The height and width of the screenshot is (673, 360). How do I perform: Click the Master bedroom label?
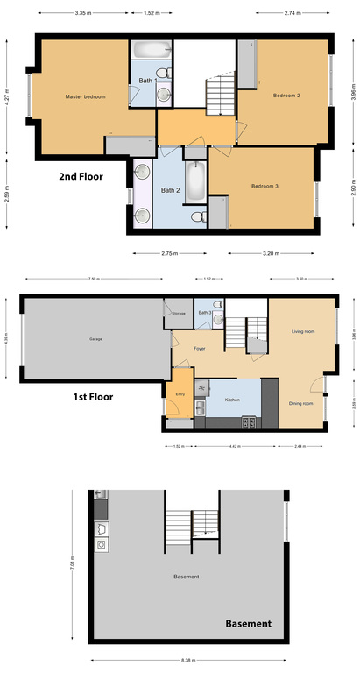coord(85,96)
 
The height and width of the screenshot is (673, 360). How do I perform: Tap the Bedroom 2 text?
coord(286,95)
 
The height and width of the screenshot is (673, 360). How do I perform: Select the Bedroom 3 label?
coord(264,186)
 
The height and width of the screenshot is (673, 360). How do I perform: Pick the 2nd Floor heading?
coord(81,176)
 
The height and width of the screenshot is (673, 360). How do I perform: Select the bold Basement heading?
coord(248,624)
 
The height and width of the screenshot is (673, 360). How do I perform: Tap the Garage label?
coord(95,339)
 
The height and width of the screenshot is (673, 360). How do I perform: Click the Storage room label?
coord(178,312)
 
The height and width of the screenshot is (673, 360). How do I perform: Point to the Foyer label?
coord(200,349)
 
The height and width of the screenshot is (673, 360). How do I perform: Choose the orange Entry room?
coord(180,393)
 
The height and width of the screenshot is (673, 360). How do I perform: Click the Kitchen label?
coord(232,400)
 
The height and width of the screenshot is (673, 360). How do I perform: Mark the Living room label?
coord(302,331)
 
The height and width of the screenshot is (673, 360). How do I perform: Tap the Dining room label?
coord(300,403)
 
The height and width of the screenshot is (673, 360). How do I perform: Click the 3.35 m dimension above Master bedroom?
coord(83,13)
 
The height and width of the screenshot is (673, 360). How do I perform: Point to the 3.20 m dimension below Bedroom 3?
coord(271,253)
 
